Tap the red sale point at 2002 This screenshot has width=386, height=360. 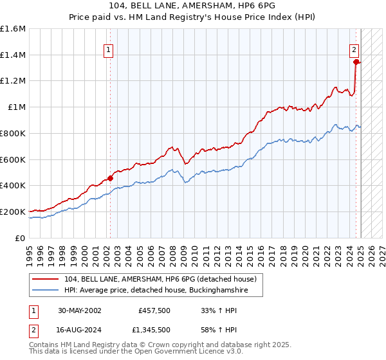110,178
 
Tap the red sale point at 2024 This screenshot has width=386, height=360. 356,62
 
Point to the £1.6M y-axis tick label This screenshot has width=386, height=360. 13,29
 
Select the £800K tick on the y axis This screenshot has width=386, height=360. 13,133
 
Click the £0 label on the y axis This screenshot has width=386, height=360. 21,237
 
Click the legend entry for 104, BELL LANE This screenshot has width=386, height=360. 160,279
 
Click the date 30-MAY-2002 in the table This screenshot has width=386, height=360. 79,310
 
